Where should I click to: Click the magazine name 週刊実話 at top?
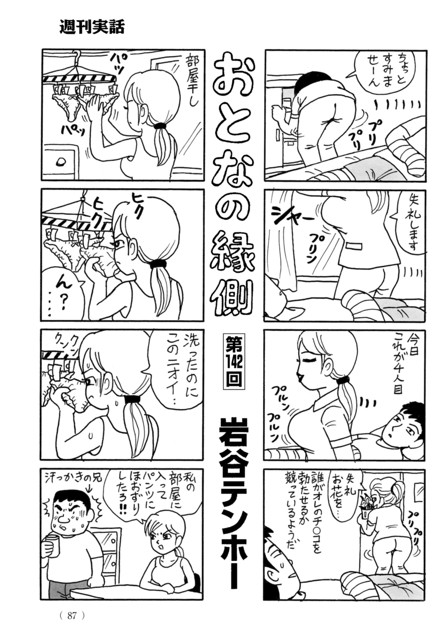pos(92,27)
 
